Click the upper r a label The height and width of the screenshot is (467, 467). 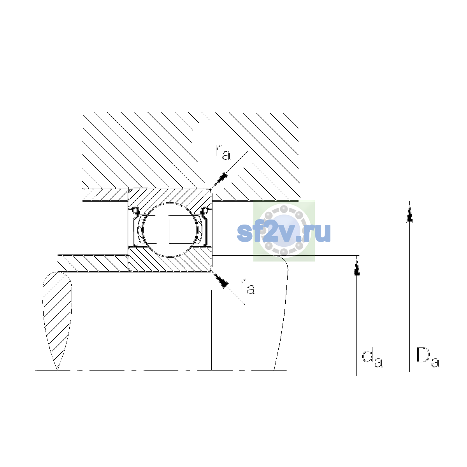223,153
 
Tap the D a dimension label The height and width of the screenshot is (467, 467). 427,358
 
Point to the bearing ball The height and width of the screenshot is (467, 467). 170,230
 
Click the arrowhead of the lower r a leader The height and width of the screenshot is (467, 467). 220,280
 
